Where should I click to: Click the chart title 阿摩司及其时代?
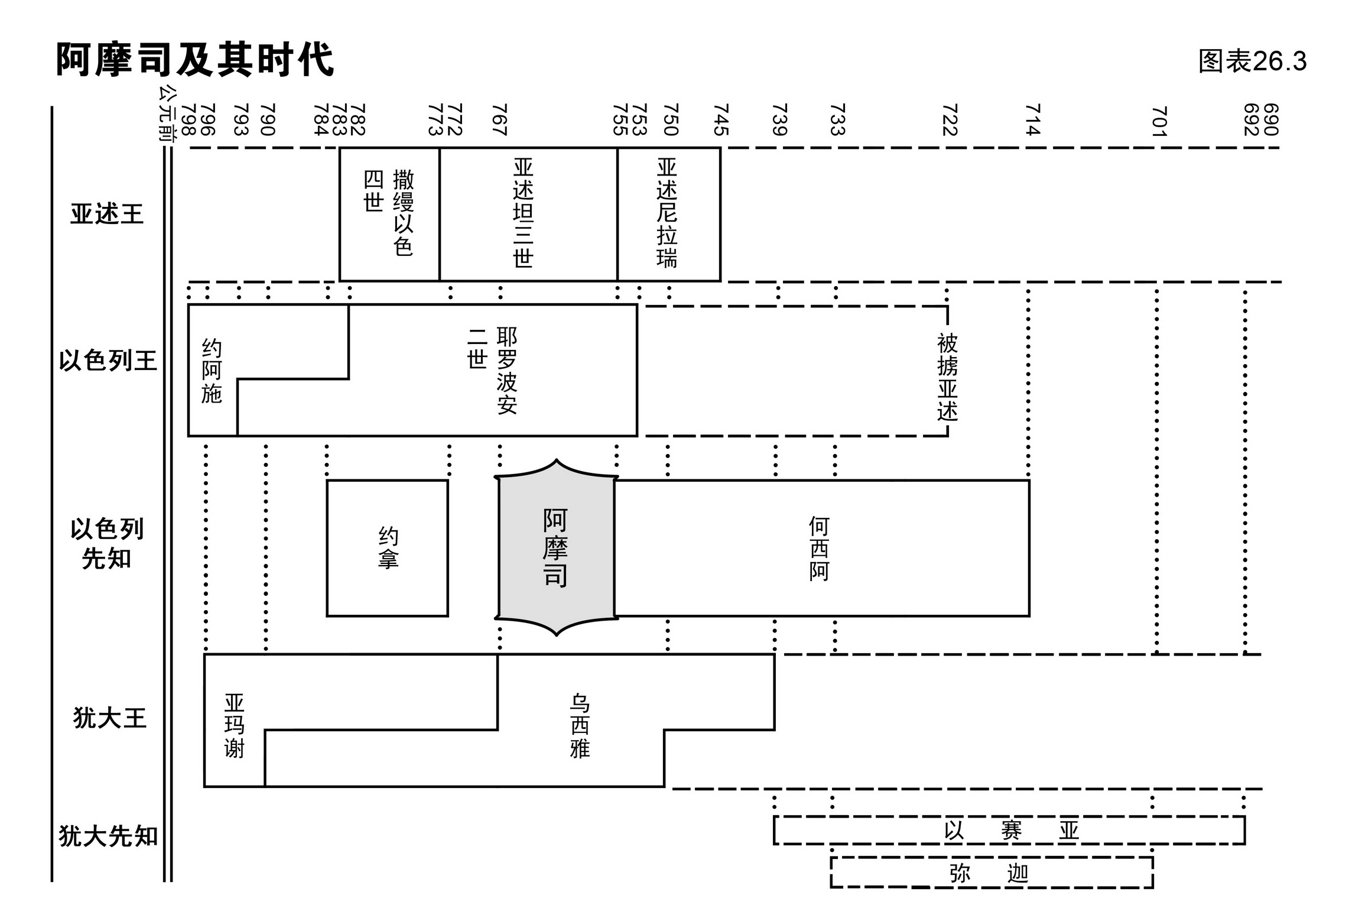(x=194, y=60)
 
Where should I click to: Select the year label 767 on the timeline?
(x=500, y=120)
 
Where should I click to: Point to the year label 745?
(x=721, y=120)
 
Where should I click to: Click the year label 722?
(x=949, y=120)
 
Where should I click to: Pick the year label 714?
(x=1032, y=120)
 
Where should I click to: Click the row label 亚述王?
(x=107, y=214)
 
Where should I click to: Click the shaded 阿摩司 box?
(x=555, y=548)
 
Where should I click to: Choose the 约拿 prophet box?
(x=388, y=548)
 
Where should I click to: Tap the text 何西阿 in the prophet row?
(x=819, y=549)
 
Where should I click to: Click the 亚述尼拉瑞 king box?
(x=668, y=214)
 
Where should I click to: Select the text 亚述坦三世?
(x=524, y=213)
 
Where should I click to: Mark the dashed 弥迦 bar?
(x=991, y=873)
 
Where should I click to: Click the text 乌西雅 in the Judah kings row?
(x=580, y=726)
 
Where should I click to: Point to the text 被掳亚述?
(x=947, y=377)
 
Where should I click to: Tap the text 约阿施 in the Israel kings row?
(x=212, y=371)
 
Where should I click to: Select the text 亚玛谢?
(x=234, y=726)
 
